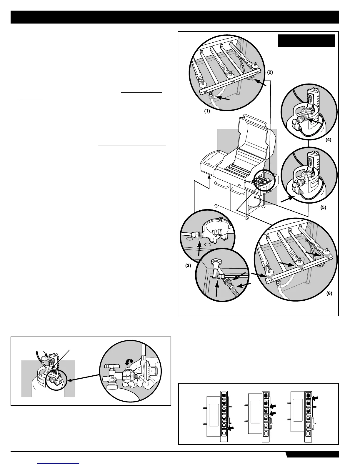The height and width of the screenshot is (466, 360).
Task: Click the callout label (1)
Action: click(x=207, y=112)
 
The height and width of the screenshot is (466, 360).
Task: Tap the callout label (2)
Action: click(x=270, y=72)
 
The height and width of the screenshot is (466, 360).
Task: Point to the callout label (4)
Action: click(x=328, y=140)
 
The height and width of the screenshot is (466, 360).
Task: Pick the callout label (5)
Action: click(x=323, y=207)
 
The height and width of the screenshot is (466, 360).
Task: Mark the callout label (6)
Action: click(x=329, y=293)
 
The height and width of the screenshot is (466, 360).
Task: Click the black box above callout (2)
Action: click(x=306, y=41)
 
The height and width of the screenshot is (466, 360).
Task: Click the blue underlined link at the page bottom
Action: click(x=59, y=464)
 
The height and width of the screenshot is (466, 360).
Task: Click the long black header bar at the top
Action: click(x=175, y=17)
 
